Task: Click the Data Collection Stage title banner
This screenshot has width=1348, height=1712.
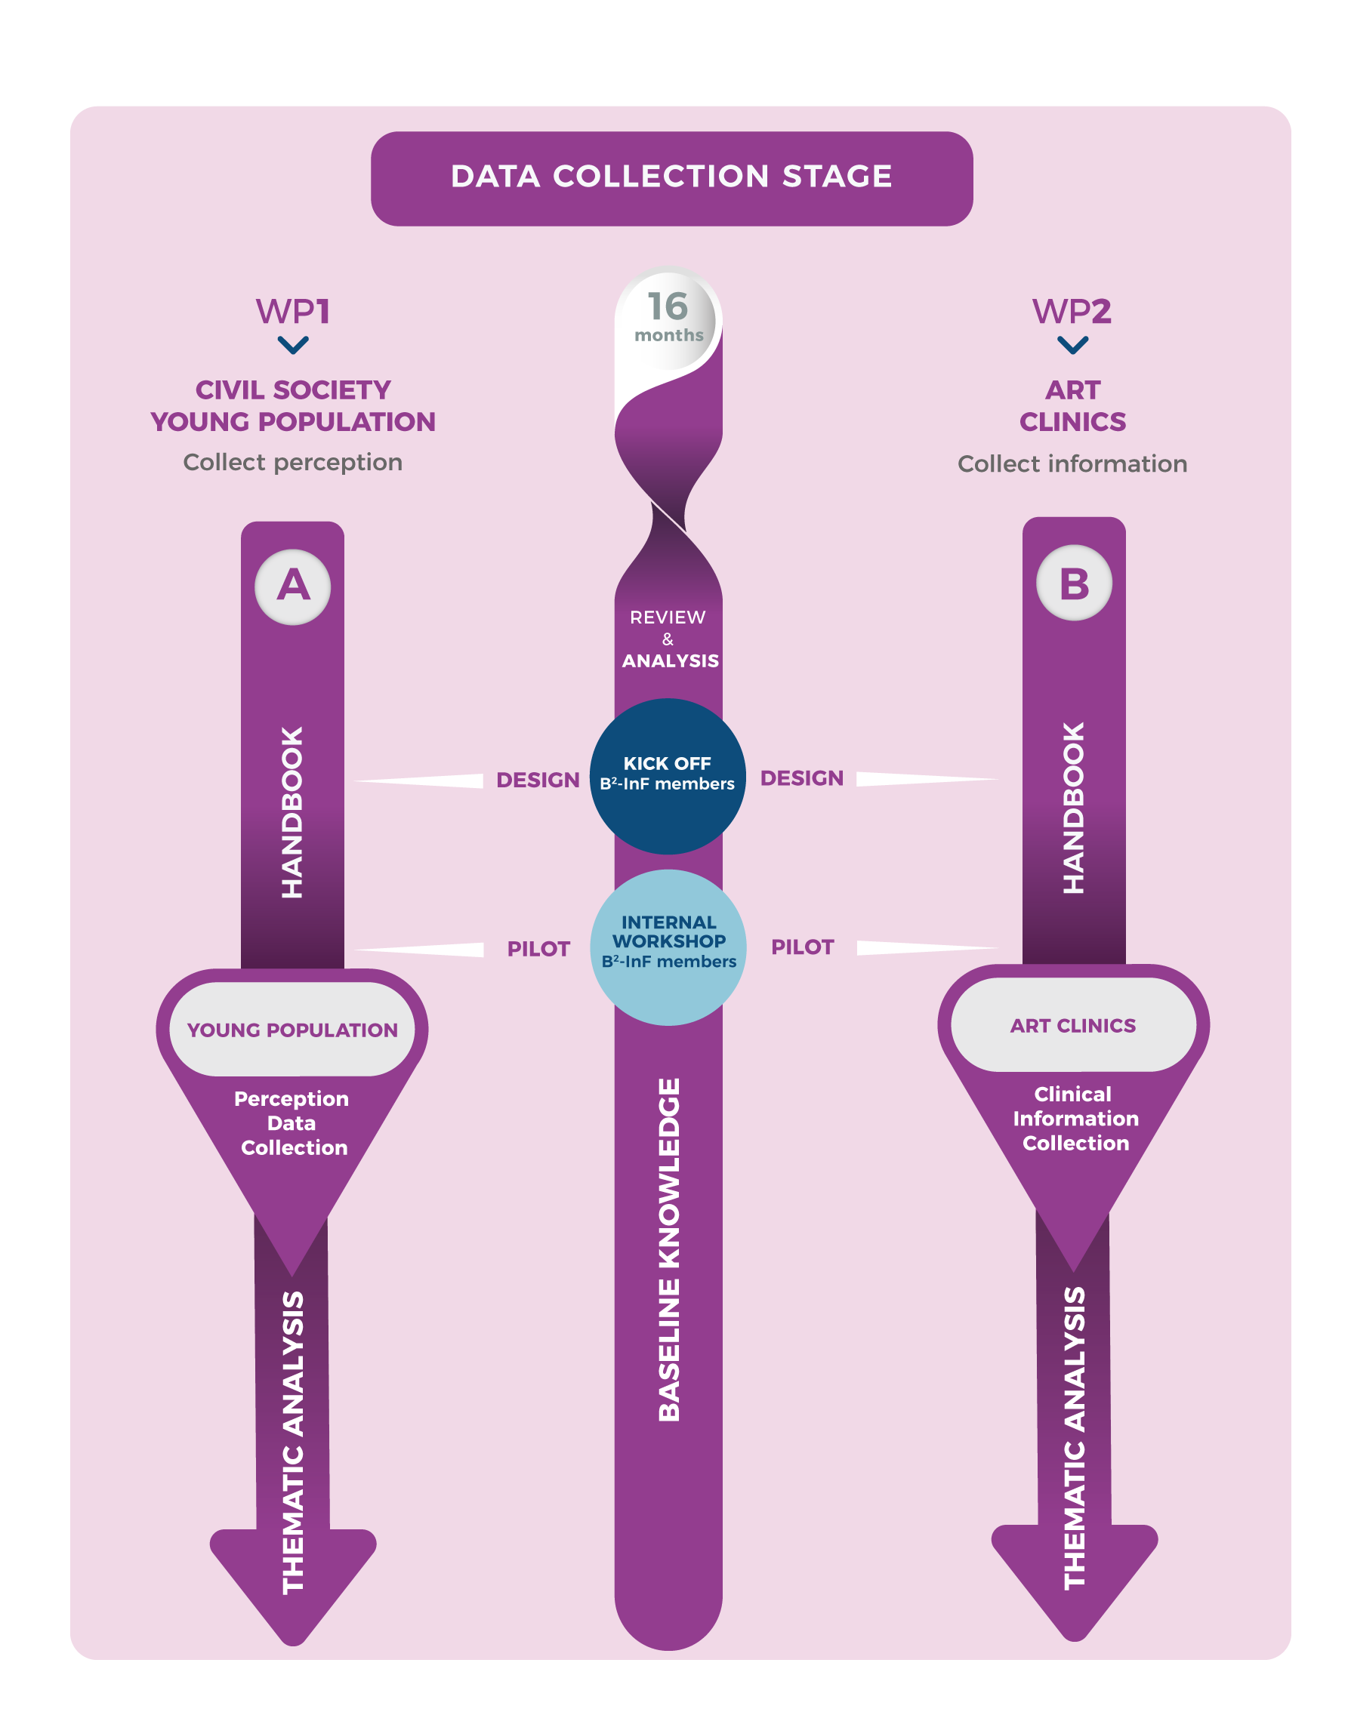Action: [671, 177]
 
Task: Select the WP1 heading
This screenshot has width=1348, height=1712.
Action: [293, 312]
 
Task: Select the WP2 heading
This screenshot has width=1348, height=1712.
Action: [1072, 312]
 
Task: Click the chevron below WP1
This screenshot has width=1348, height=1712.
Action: [293, 345]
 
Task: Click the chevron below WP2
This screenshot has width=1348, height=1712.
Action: [1072, 345]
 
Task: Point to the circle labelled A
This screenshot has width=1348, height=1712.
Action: [293, 587]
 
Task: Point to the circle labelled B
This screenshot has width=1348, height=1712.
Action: [1073, 583]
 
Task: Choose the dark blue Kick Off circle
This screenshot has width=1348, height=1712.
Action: [668, 775]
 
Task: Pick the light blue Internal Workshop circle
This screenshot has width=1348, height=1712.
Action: [668, 947]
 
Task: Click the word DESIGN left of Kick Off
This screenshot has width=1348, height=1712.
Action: [538, 781]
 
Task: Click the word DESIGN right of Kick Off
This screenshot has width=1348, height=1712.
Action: [802, 779]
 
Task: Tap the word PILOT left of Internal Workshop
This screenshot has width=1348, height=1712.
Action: [538, 949]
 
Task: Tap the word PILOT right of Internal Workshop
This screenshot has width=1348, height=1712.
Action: [802, 947]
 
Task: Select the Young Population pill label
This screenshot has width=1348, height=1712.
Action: [292, 1030]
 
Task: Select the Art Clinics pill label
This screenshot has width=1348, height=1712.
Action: [1073, 1026]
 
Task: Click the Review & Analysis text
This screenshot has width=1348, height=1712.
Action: [669, 639]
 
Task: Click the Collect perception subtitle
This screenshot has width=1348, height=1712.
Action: [293, 462]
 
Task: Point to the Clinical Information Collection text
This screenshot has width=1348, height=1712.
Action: [1075, 1119]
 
